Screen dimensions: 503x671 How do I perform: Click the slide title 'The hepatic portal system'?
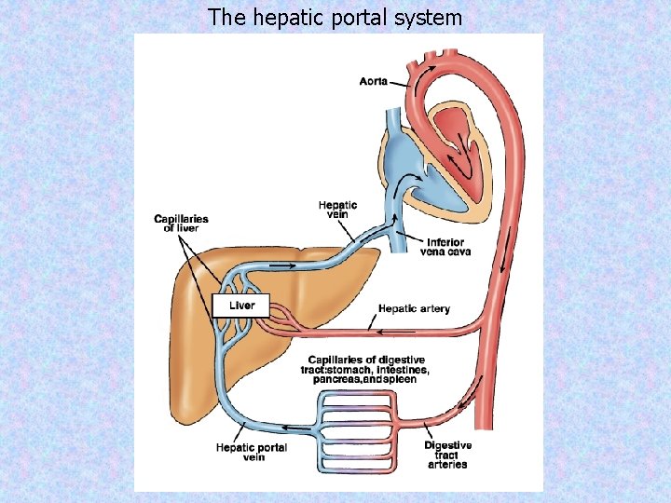click(335, 17)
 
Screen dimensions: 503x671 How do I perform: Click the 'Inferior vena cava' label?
click(445, 246)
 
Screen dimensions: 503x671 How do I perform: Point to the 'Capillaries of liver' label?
click(181, 224)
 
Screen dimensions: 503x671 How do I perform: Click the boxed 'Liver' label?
click(241, 305)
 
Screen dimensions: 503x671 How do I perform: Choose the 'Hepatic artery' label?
click(414, 308)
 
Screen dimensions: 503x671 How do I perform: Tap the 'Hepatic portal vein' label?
click(252, 453)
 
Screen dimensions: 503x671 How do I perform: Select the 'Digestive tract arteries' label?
click(447, 455)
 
